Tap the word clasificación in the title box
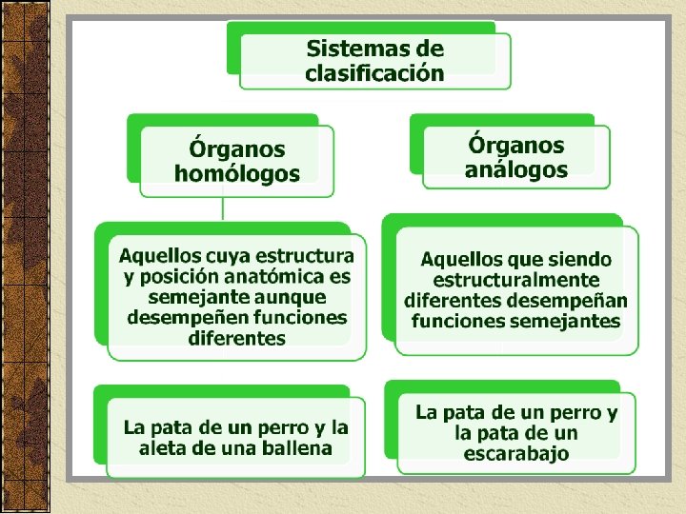pyautogui.click(x=374, y=72)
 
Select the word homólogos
pyautogui.click(x=236, y=173)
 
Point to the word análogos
pyautogui.click(x=515, y=170)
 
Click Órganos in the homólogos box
pyautogui.click(x=236, y=149)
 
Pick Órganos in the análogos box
pyautogui.click(x=515, y=146)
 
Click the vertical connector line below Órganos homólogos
pyautogui.click(x=223, y=209)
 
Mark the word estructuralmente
pyautogui.click(x=515, y=280)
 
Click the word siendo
pyautogui.click(x=580, y=259)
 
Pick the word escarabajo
pyautogui.click(x=515, y=454)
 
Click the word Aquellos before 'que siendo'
pyautogui.click(x=461, y=259)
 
